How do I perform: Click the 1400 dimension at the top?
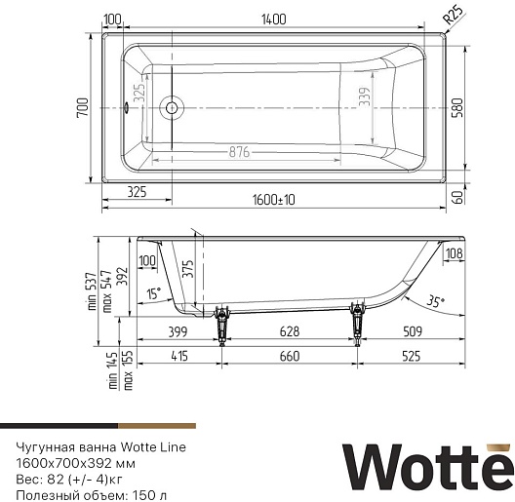(x=273, y=19)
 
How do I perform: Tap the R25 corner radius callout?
(x=454, y=15)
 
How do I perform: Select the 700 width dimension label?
(x=83, y=107)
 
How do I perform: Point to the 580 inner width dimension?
(x=456, y=107)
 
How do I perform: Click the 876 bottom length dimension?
(x=239, y=152)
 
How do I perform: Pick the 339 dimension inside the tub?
(x=364, y=97)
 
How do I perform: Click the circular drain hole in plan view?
(x=172, y=107)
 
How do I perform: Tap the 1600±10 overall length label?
(x=273, y=200)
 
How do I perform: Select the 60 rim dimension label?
(x=457, y=197)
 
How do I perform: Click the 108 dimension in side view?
(x=455, y=253)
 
